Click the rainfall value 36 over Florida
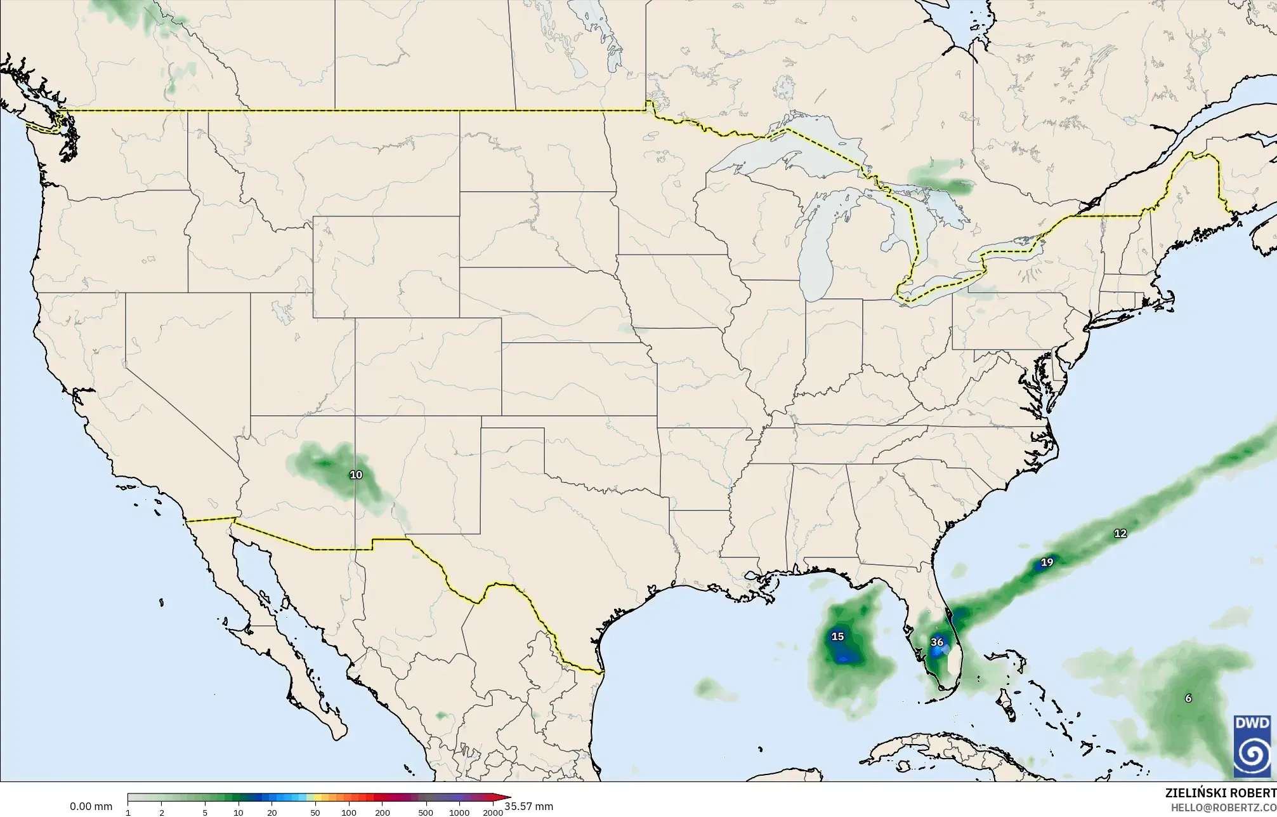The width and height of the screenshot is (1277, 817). point(937,642)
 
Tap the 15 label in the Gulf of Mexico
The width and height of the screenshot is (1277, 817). point(837,636)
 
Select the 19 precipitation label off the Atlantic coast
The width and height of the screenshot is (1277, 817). point(1047,562)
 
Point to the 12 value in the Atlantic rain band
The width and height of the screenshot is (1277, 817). point(1120,533)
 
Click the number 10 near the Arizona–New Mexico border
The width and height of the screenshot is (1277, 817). point(356,474)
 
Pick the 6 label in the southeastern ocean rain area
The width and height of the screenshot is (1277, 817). point(1188,698)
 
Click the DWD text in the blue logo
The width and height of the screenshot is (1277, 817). point(1252,724)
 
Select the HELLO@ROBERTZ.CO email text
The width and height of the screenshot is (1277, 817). point(1223,807)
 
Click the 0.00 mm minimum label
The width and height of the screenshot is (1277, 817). point(91,807)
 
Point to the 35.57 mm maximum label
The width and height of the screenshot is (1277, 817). point(529,807)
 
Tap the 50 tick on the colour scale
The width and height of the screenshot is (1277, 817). point(315,813)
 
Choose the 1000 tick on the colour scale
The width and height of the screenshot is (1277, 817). point(459,813)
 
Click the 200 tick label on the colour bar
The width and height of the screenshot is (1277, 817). point(382,813)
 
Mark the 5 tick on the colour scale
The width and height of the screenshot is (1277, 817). point(205,813)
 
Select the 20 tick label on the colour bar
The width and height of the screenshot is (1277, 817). point(272,813)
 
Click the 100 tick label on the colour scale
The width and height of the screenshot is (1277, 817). point(348,813)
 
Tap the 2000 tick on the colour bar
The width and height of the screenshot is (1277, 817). point(492,813)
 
